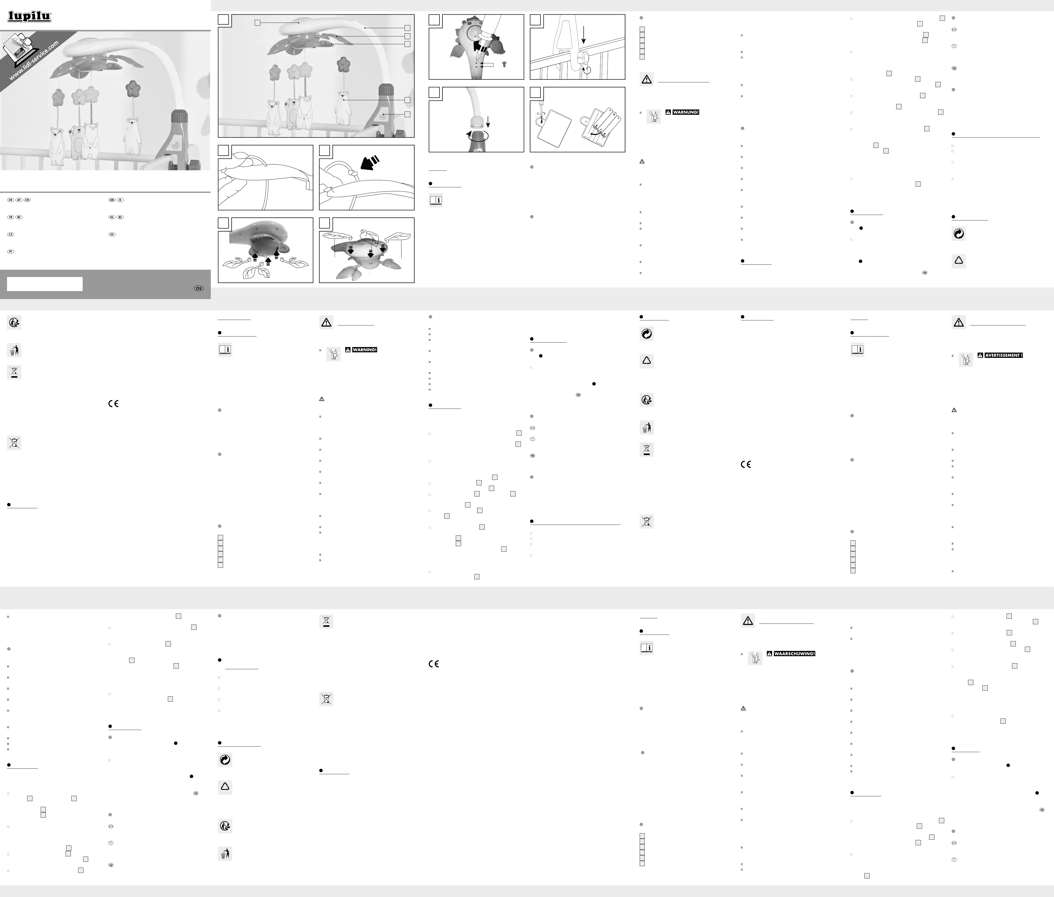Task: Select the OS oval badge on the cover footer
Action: pos(198,288)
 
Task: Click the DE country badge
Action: pos(11,200)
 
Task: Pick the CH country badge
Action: pos(27,200)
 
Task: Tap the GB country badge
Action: pos(112,200)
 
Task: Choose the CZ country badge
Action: pos(11,234)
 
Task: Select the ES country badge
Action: pos(112,234)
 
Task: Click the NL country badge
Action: pos(112,217)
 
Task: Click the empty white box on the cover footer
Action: pos(45,284)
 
